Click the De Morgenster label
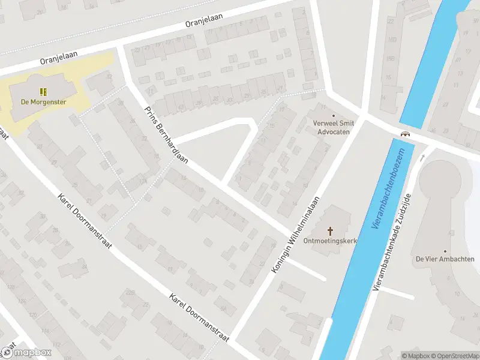(x=43, y=102)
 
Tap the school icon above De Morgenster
(x=43, y=92)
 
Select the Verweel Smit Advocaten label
(x=334, y=127)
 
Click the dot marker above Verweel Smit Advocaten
(x=334, y=115)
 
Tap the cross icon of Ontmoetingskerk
(x=331, y=230)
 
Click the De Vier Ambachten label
(x=445, y=259)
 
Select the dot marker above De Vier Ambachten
(x=445, y=251)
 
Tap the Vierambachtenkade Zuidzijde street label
(x=394, y=242)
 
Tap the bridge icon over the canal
(x=406, y=134)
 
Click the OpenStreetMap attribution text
(x=455, y=355)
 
